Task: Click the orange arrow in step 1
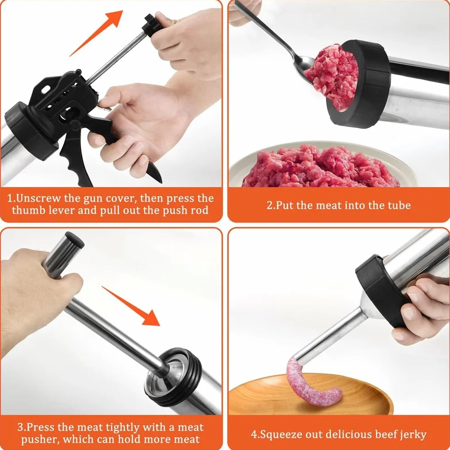point(97,33)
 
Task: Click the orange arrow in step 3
point(131,306)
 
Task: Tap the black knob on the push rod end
point(152,25)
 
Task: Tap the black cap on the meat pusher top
point(75,240)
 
